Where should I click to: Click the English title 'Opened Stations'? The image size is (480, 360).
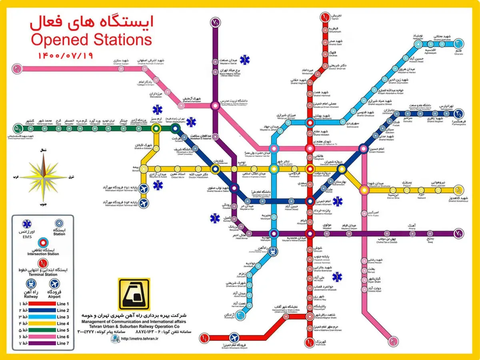point(91,40)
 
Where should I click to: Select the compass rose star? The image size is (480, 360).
point(42,176)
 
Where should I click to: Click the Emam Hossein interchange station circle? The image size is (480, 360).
point(363,149)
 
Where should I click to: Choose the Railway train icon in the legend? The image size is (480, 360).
point(30,284)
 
